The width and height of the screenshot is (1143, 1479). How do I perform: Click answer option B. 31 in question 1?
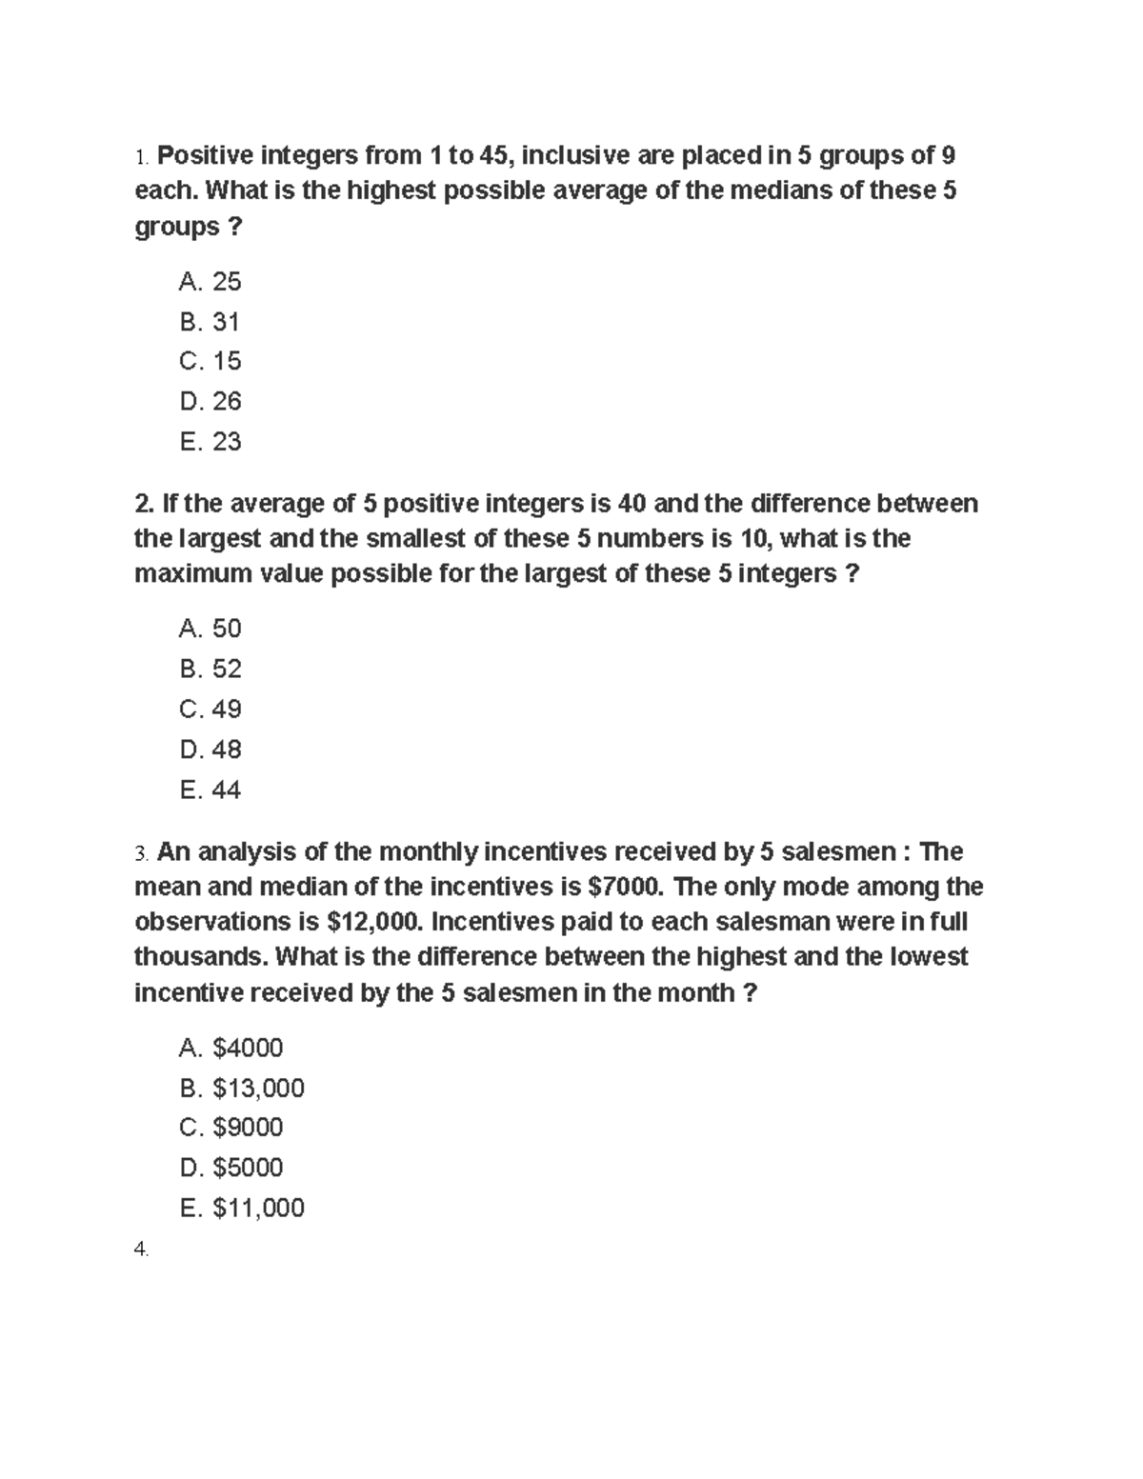pos(210,322)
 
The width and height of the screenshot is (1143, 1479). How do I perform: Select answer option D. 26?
pos(210,401)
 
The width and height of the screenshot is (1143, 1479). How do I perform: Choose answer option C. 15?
pos(210,361)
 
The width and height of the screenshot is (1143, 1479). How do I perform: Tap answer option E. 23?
pos(210,442)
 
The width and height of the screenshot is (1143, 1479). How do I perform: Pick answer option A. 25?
pos(210,282)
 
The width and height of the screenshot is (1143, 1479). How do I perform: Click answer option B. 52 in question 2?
pos(210,669)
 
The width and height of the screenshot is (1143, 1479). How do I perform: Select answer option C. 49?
pos(210,710)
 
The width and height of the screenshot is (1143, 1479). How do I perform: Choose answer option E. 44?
pos(210,789)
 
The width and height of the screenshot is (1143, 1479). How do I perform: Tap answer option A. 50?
pos(210,629)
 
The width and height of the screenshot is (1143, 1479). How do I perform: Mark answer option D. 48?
pos(210,749)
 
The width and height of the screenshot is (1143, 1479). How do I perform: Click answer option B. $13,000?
pos(241,1088)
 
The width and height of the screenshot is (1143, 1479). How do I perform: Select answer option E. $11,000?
pos(241,1208)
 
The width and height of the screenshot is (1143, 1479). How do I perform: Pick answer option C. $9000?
pos(231,1128)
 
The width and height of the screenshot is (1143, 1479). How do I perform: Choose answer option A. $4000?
pos(231,1049)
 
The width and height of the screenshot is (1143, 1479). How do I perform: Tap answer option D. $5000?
pos(231,1168)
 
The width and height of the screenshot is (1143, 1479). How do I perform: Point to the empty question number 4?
pos(141,1250)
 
